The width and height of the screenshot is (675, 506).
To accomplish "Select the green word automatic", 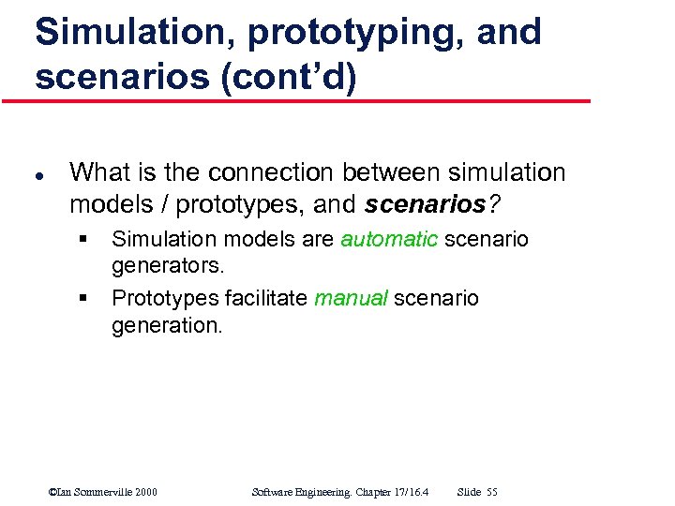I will point(389,240).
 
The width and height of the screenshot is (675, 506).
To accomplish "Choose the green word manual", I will point(351,299).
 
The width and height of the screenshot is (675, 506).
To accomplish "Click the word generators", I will point(168,266).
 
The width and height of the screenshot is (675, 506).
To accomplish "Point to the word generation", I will point(167,325).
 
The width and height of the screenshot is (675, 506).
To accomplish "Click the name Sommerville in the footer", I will point(97,492).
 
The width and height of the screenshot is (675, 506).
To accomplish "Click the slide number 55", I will point(492,492).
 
